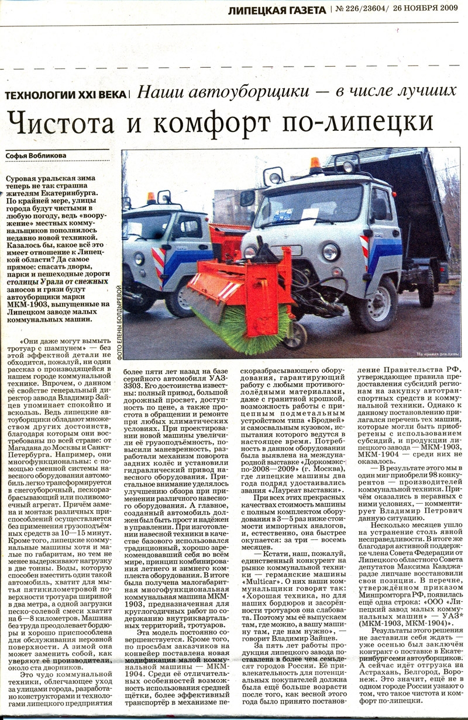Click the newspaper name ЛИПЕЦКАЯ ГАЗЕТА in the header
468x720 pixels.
pos(277,9)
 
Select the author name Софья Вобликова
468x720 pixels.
pos(36,155)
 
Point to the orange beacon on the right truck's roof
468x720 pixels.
pos(315,163)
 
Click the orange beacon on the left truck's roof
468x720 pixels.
pos(151,198)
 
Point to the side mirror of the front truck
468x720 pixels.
pos(247,199)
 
